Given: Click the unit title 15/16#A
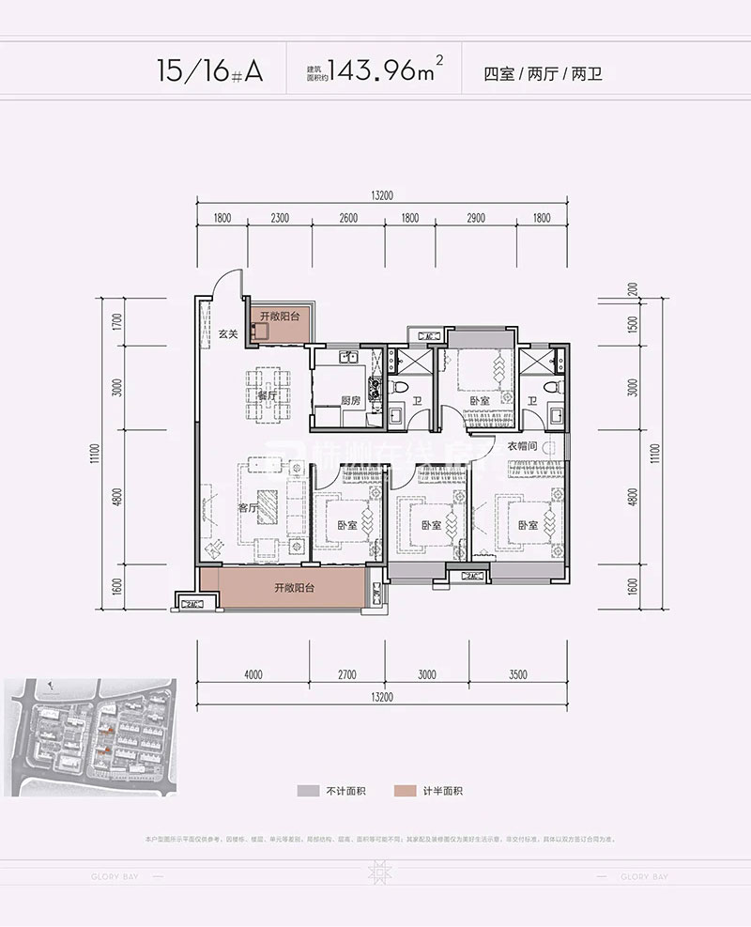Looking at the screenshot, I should click(211, 71).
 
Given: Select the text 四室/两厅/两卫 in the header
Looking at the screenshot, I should click(542, 72).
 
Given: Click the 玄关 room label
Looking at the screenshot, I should click(227, 332).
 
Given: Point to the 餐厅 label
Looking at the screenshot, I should click(268, 397).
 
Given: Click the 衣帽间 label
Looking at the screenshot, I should click(522, 447).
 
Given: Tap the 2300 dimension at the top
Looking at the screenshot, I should click(279, 218).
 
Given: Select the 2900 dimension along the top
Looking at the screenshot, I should click(474, 218).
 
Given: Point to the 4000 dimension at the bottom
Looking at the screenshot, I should click(253, 673).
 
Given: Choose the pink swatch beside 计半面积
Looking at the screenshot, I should click(404, 791).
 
